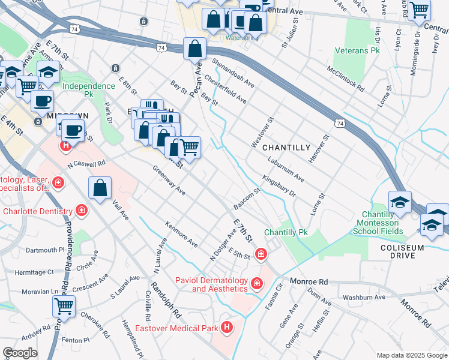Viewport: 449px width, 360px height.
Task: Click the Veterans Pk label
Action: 358,51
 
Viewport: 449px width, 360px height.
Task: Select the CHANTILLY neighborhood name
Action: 287,148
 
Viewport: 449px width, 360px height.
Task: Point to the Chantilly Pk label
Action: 286,232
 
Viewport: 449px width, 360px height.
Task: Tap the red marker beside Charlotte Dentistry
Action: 82,211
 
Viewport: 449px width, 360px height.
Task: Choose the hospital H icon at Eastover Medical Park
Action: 227,327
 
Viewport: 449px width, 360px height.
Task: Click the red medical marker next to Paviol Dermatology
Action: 257,283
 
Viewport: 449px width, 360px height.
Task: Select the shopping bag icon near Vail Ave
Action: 100,188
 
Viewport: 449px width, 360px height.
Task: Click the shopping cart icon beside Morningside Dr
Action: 419,9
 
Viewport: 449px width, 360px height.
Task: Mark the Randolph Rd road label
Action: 166,299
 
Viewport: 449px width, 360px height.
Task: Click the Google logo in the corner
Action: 20,353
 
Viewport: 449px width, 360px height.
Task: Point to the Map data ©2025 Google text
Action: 411,355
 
